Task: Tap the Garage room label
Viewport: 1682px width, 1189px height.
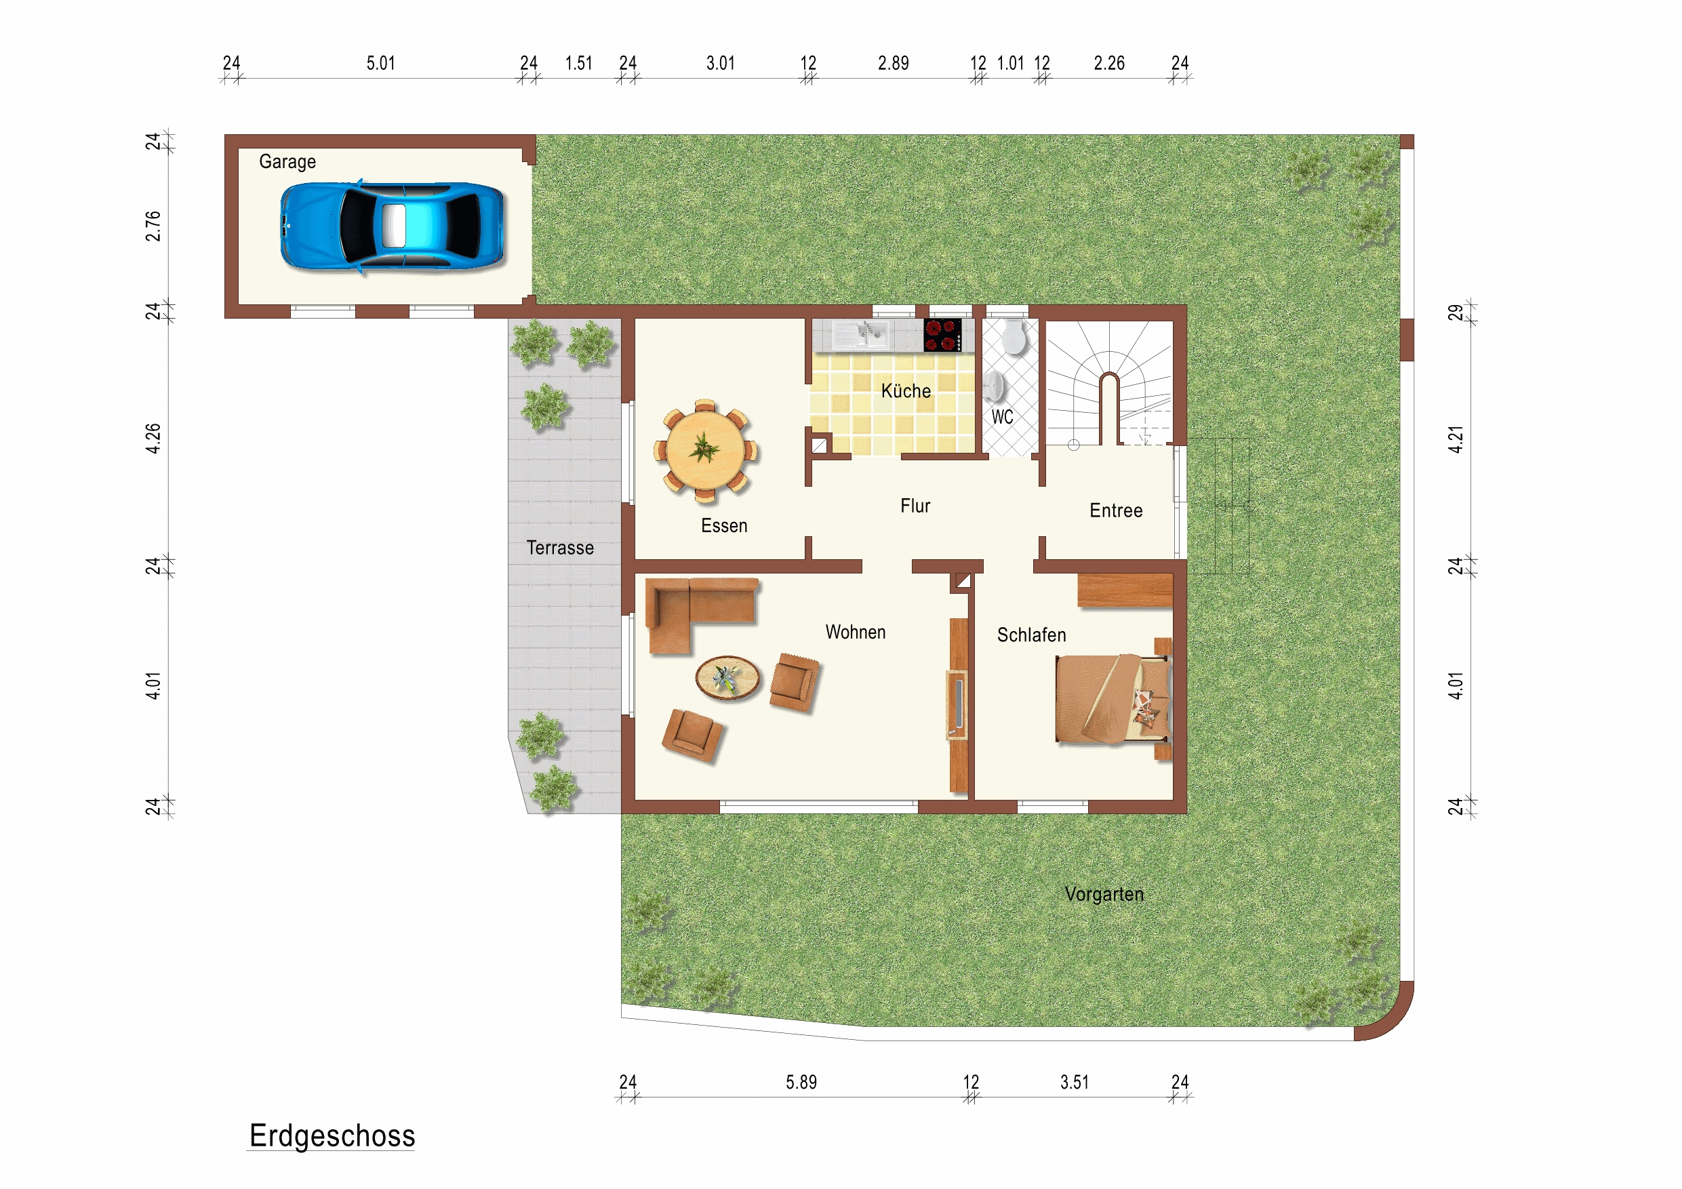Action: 287,162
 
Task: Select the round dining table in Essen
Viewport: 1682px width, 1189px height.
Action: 705,451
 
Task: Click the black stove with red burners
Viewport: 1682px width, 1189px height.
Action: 942,336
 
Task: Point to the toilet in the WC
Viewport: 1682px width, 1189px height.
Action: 1015,337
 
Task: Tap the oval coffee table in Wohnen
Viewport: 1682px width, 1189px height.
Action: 727,678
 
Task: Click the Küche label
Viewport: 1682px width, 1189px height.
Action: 906,391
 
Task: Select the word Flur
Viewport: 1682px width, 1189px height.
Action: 915,506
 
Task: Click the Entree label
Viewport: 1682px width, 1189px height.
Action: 1116,510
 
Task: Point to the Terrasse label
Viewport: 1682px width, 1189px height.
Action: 560,548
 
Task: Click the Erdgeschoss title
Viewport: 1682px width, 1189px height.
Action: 332,1136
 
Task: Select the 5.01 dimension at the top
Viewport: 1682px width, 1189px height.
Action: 381,64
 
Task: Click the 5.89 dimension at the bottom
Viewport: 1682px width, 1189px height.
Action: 801,1083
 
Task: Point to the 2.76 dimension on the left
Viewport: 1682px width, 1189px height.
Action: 153,226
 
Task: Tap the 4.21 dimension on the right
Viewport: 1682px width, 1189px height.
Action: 1456,439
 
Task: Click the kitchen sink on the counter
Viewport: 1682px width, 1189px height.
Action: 862,334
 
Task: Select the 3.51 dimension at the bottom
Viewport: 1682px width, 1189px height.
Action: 1074,1083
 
